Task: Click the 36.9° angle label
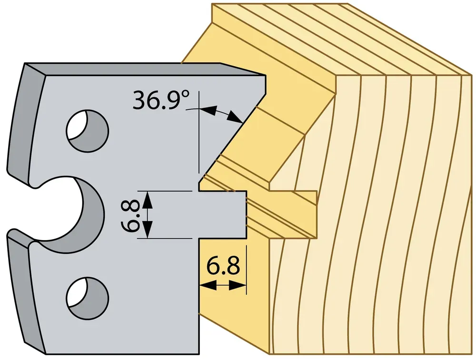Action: (161, 99)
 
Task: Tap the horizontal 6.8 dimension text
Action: (223, 266)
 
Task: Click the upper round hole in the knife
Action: (88, 132)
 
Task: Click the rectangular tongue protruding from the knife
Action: (222, 215)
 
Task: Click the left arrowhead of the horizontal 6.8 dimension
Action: (208, 285)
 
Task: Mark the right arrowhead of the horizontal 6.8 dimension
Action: (238, 285)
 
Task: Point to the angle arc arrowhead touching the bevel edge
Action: (237, 117)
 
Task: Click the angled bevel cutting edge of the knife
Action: (232, 136)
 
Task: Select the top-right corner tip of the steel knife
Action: (266, 76)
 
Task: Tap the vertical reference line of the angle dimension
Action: (199, 132)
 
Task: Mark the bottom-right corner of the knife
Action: (199, 354)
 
